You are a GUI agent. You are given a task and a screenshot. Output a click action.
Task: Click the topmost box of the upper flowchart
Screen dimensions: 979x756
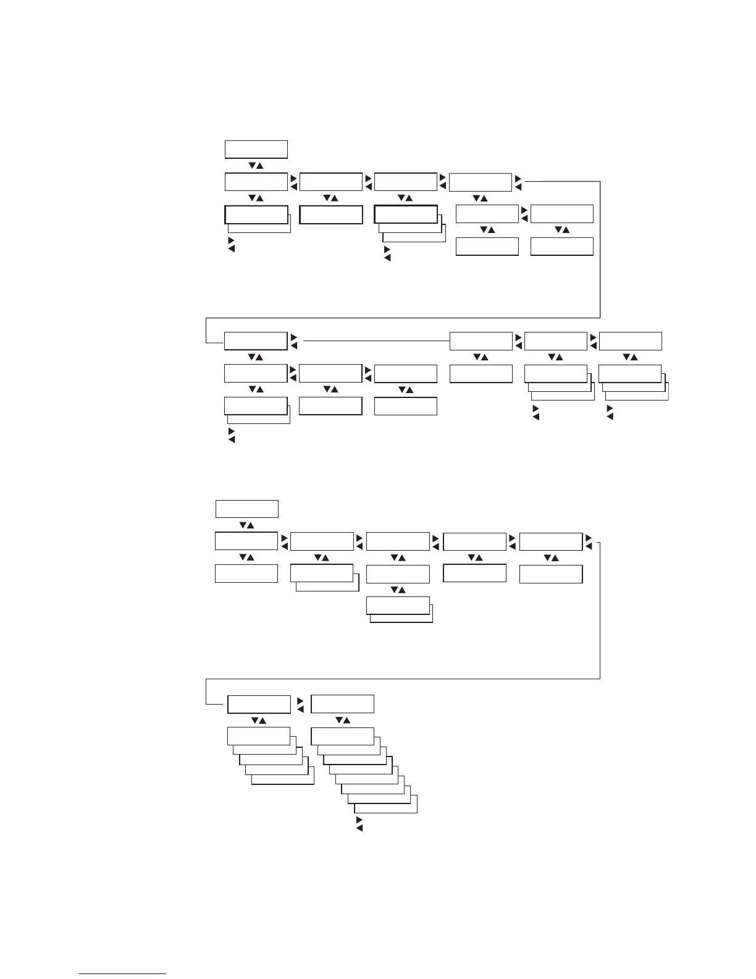pyautogui.click(x=256, y=150)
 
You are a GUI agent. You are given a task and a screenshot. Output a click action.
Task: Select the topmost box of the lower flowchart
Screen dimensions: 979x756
pyautogui.click(x=246, y=509)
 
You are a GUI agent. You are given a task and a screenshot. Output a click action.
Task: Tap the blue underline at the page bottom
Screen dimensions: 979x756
pyautogui.click(x=122, y=973)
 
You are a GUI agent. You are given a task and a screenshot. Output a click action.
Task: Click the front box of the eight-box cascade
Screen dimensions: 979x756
pyautogui.click(x=342, y=736)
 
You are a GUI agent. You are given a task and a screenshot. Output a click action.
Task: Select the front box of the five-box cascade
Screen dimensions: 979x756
pyautogui.click(x=258, y=736)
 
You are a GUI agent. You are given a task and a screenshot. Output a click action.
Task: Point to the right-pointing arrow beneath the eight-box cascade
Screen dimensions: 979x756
pyautogui.click(x=359, y=820)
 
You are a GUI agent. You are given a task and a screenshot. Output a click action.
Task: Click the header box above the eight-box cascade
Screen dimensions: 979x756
pyautogui.click(x=342, y=704)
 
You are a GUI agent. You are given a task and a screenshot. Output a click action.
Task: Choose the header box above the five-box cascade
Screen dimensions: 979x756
pyautogui.click(x=259, y=704)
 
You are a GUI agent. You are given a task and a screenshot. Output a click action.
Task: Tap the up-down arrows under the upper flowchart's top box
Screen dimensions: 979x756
pyautogui.click(x=256, y=166)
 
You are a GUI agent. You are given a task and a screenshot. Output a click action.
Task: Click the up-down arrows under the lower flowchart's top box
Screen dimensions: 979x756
pyautogui.click(x=246, y=525)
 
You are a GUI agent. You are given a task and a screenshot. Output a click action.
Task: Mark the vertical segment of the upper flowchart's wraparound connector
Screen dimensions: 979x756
pyautogui.click(x=600, y=247)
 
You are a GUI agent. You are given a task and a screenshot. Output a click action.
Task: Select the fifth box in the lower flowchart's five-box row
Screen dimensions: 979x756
pyautogui.click(x=550, y=541)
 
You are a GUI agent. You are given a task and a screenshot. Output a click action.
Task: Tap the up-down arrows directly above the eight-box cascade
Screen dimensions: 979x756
pyautogui.click(x=342, y=720)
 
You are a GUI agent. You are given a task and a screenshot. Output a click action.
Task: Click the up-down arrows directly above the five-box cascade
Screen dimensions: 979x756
pyautogui.click(x=258, y=720)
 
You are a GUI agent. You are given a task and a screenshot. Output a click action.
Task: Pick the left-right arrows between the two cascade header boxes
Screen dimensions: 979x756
pyautogui.click(x=300, y=705)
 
